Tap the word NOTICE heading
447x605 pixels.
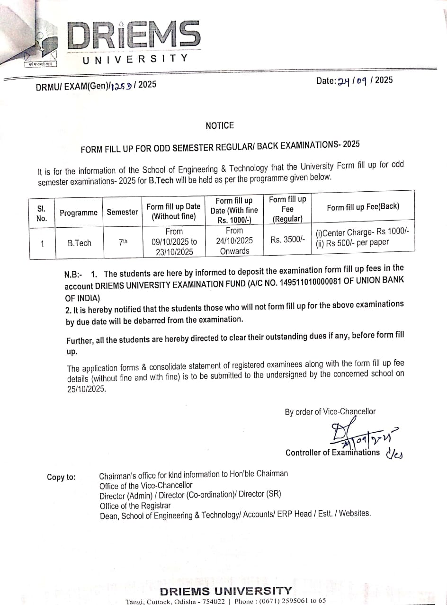[x=220, y=125]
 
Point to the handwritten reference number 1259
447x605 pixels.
[x=122, y=86]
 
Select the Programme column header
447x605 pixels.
[x=79, y=213]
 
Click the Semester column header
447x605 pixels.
[x=122, y=212]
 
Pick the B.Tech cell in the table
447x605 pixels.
[x=80, y=243]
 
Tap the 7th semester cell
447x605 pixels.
[x=123, y=242]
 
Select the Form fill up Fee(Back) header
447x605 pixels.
[x=363, y=207]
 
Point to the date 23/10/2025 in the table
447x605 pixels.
[x=174, y=252]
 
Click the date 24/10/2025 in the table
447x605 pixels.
[x=234, y=240]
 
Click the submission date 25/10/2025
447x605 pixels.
[x=87, y=389]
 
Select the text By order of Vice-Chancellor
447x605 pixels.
[x=330, y=412]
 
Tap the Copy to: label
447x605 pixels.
[x=61, y=477]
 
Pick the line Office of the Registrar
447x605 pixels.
[x=135, y=506]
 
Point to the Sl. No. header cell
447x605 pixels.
[x=42, y=213]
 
